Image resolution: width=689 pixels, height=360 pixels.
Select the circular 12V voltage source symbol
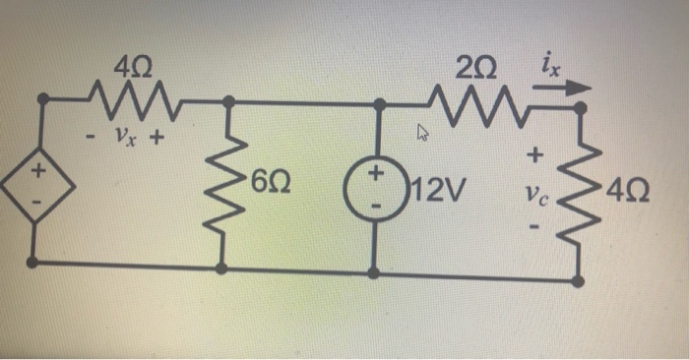pyautogui.click(x=376, y=183)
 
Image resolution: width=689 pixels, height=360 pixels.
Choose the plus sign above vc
pyautogui.click(x=535, y=154)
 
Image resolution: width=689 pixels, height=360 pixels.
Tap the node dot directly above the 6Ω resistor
pyautogui.click(x=228, y=100)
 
